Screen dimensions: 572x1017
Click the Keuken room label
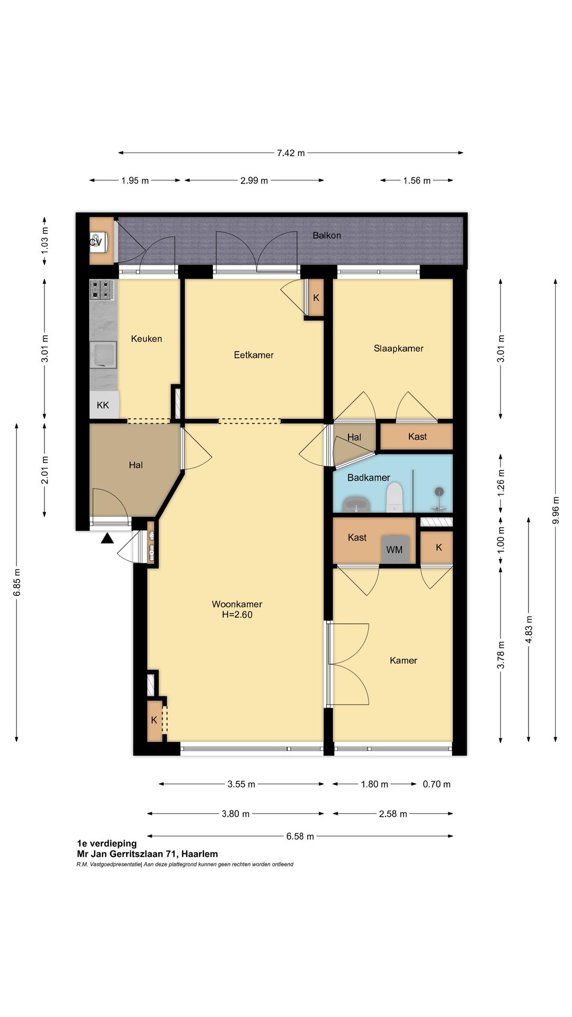coord(146,338)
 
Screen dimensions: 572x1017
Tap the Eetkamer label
coord(254,355)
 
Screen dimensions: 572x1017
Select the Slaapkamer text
coord(398,349)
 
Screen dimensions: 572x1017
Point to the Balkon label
coord(327,235)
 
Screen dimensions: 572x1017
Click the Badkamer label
coord(369,478)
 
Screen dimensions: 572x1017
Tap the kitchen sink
coord(103,355)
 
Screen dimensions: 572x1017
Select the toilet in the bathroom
coord(395,499)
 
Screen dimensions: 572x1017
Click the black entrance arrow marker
coord(108,539)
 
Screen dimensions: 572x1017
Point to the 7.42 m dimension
coord(291,153)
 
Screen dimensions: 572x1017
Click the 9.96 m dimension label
coord(556,510)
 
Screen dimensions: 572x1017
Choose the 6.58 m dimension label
coord(300,836)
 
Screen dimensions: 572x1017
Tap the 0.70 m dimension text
coord(436,784)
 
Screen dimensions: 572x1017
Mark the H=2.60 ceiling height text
coord(237,615)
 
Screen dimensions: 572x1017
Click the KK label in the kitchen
coord(103,405)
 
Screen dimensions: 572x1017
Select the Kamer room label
coord(404,661)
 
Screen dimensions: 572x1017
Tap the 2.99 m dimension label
coord(254,181)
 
